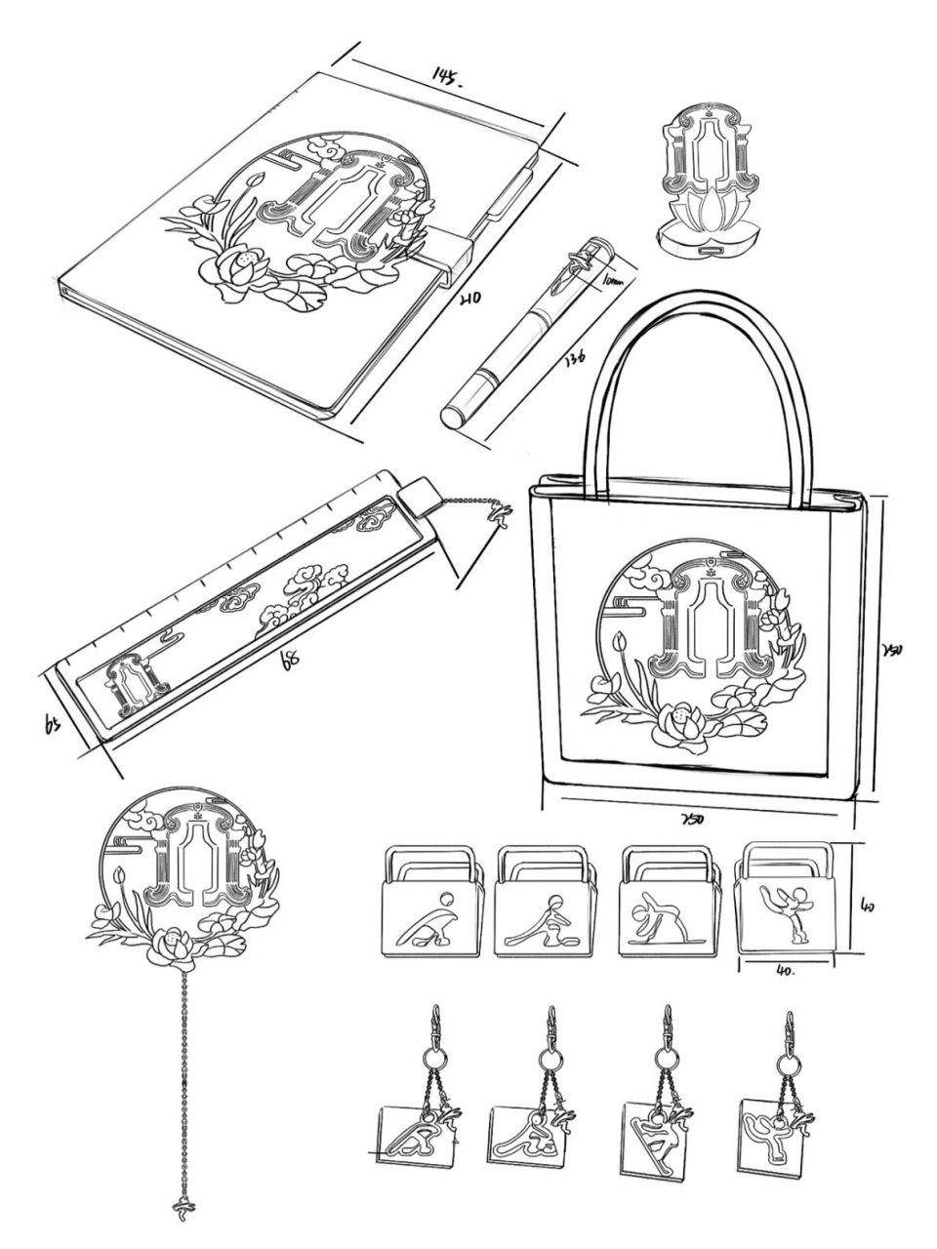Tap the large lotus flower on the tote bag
[679, 721]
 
